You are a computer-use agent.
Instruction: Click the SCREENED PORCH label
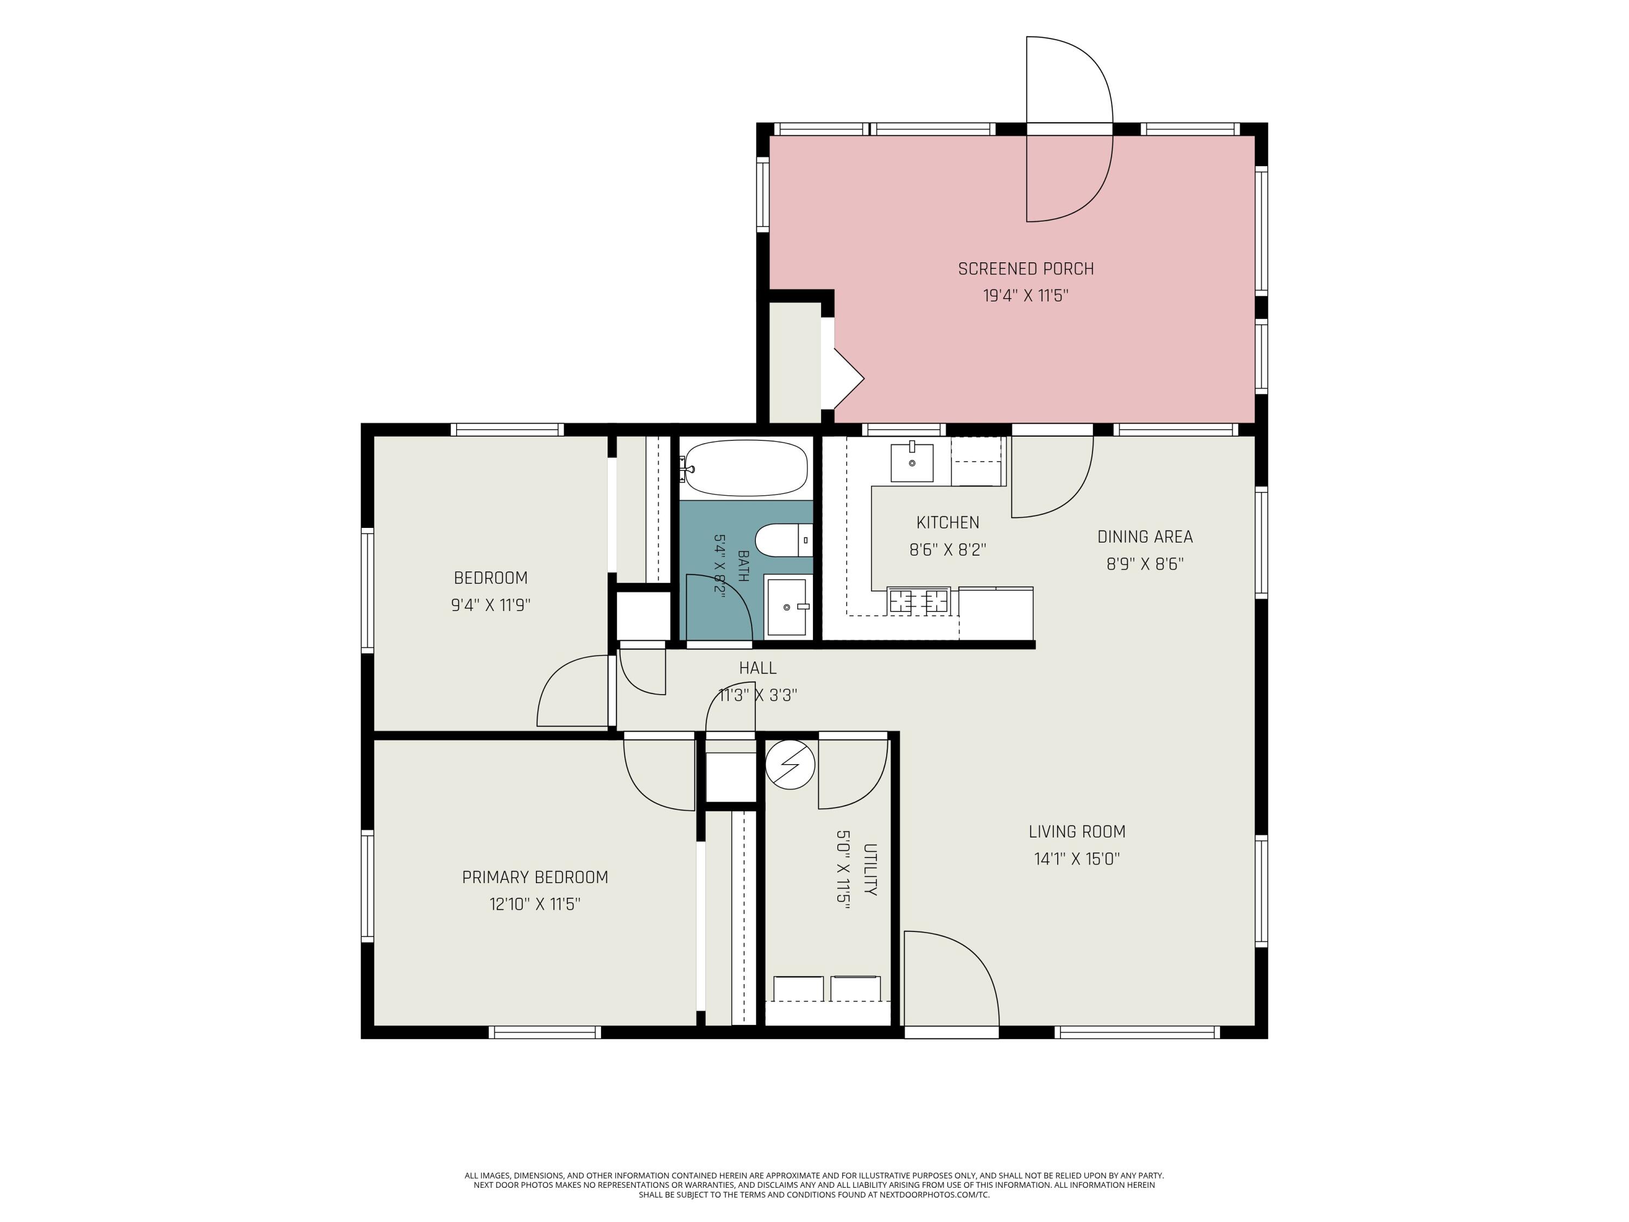[x=1025, y=269]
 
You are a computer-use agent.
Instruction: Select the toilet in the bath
[x=784, y=540]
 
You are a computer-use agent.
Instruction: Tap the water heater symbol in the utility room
[x=790, y=765]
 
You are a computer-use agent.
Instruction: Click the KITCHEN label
[x=947, y=523]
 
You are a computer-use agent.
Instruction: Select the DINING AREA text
[x=1145, y=537]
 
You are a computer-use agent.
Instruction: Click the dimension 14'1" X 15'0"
[x=1077, y=859]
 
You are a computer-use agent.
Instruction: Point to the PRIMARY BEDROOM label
[x=535, y=877]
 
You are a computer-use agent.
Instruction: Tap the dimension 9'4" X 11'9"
[x=490, y=606]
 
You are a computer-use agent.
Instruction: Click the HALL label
[x=758, y=668]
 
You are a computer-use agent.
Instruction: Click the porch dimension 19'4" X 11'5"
[x=1025, y=296]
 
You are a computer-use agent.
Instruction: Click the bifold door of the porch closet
[x=848, y=379]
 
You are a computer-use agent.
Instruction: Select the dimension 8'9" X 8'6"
[x=1145, y=564]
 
